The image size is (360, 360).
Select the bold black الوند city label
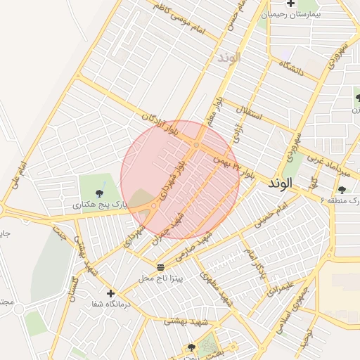[283, 184]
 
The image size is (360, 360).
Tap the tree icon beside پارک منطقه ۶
[342, 190]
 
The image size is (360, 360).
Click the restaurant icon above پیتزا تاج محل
[161, 267]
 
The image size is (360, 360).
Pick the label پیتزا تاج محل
[160, 279]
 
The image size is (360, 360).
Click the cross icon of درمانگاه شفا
[110, 293]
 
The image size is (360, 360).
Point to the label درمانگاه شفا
[105, 305]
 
